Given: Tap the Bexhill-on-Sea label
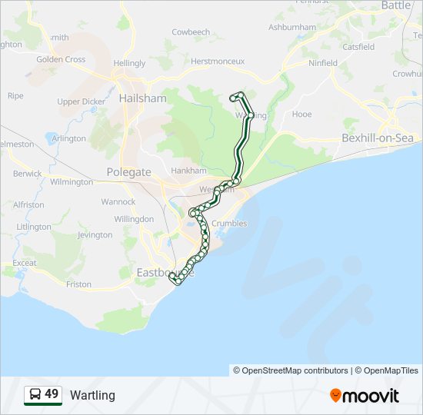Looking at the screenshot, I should pyautogui.click(x=378, y=138).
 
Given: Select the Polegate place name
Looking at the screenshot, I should pyautogui.click(x=128, y=172).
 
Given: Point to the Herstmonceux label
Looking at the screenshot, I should pyautogui.click(x=217, y=61).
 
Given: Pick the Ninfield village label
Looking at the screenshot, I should pyautogui.click(x=321, y=62).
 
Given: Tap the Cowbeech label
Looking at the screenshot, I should pyautogui.click(x=191, y=32).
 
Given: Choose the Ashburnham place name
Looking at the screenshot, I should pyautogui.click(x=291, y=27).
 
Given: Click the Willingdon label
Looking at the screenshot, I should pyautogui.click(x=134, y=219).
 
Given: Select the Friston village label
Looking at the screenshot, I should pyautogui.click(x=78, y=284).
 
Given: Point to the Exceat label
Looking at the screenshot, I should pyautogui.click(x=25, y=263).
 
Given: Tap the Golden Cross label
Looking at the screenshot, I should pyautogui.click(x=61, y=59).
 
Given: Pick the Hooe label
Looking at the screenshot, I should pyautogui.click(x=302, y=114).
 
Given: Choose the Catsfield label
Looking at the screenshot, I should pyautogui.click(x=359, y=46).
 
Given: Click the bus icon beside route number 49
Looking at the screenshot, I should pyautogui.click(x=35, y=395).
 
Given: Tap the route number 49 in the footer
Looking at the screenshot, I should pyautogui.click(x=52, y=394).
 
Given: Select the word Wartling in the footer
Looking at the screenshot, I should pyautogui.click(x=92, y=396).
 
